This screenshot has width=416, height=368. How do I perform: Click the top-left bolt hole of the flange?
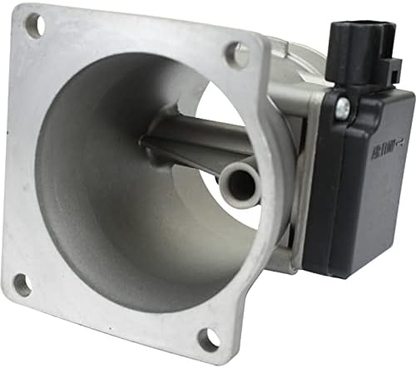(34, 27)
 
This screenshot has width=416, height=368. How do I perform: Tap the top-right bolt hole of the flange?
(236, 56)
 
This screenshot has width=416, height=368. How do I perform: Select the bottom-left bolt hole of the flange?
(23, 285)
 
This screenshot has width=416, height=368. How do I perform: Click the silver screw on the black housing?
(343, 107)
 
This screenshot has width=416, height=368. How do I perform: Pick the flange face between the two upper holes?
(133, 37)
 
